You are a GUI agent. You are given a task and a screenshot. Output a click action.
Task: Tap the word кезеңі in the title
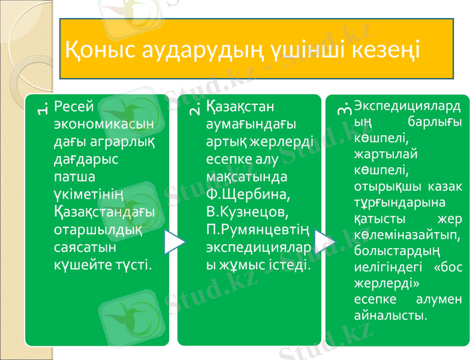pyautogui.click(x=384, y=50)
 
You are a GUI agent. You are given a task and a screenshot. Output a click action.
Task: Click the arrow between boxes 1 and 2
pyautogui.click(x=173, y=241)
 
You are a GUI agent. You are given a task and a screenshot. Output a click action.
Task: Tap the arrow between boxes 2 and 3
pyautogui.click(x=324, y=241)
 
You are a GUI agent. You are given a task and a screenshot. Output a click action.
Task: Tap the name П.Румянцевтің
pyautogui.click(x=257, y=230)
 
